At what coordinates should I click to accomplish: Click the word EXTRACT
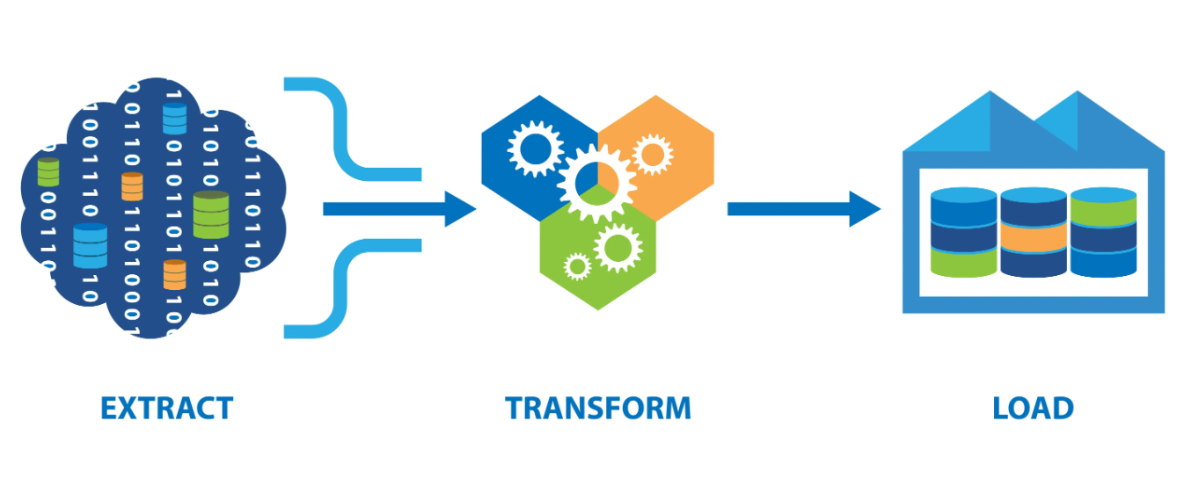coord(167,408)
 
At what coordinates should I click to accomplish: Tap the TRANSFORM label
coord(598,408)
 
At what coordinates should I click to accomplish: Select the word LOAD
coord(1034,408)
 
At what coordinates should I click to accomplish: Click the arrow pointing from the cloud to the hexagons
coord(399,209)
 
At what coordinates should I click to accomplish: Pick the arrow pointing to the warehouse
coord(804,209)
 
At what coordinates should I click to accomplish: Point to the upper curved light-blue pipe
coord(341,132)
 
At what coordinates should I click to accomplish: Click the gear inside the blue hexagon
coord(536,149)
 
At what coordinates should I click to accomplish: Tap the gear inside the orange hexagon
coord(653,155)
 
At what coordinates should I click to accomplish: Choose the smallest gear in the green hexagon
coord(577,266)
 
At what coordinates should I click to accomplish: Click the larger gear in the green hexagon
coord(618,248)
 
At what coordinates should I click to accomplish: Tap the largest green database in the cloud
coord(211,214)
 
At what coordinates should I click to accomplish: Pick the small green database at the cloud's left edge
coord(48,172)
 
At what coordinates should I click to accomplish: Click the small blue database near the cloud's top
coord(175,119)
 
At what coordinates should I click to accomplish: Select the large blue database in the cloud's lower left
coord(91,245)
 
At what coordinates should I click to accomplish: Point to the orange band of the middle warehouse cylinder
coord(1034,237)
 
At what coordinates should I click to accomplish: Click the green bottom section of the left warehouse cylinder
coord(963,262)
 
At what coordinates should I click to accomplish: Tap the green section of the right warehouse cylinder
coord(1104,211)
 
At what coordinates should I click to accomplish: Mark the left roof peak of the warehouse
coord(990,92)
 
